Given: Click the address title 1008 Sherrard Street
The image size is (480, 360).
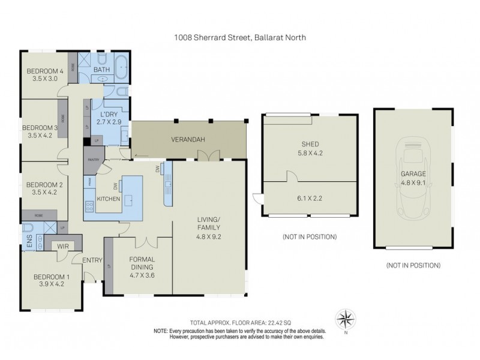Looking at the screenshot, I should pyautogui.click(x=240, y=37).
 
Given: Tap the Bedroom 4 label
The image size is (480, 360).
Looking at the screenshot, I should pyautogui.click(x=45, y=73).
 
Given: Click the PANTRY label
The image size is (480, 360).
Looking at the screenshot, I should pyautogui.click(x=92, y=160).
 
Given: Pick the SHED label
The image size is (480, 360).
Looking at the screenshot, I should pyautogui.click(x=310, y=143).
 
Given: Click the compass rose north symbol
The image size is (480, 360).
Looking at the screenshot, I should pyautogui.click(x=346, y=317).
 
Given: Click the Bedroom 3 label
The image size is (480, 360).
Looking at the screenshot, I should pyautogui.click(x=40, y=127).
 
